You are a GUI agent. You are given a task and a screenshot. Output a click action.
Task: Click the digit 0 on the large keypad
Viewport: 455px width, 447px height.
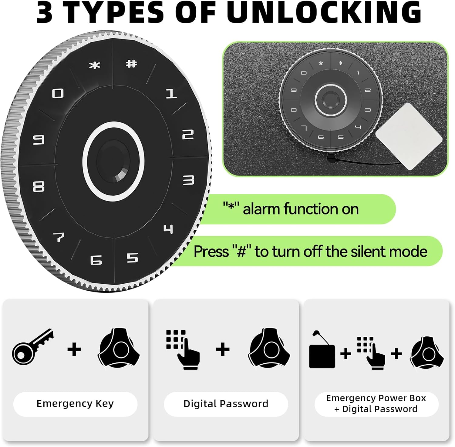58,93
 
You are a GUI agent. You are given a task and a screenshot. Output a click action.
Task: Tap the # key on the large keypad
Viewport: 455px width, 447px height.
131,64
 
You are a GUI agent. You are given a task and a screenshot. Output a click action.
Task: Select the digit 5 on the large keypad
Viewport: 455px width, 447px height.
132,258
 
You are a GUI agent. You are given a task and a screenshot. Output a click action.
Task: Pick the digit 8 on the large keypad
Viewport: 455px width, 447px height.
39,186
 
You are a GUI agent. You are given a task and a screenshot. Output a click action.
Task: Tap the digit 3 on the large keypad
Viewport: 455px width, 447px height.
188,180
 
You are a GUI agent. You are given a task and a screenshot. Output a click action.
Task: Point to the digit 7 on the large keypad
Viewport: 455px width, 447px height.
59,237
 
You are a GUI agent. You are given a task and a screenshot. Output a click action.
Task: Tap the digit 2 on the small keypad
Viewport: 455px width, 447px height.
368,90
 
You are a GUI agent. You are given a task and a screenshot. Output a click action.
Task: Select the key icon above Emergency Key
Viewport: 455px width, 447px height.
32,347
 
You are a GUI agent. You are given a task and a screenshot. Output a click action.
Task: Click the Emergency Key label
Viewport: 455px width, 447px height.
75,404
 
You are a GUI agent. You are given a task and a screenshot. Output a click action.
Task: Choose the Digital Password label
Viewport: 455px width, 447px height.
226,404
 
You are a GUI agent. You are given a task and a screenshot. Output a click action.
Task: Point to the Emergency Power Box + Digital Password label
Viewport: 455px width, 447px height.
376,403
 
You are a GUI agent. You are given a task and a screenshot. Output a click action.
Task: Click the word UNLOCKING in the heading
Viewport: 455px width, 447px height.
324,12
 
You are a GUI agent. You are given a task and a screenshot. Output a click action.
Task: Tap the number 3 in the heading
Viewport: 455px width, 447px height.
44,12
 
